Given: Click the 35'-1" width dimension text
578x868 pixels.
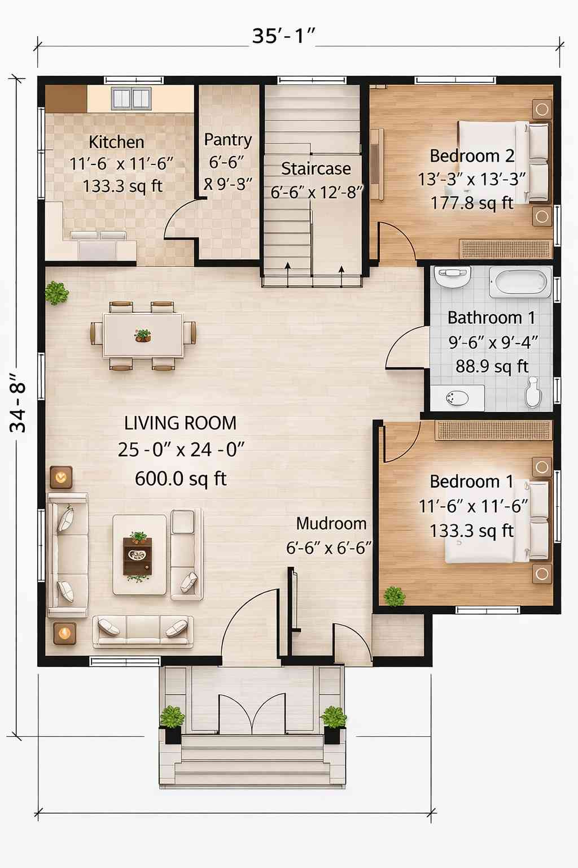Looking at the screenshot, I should click(283, 36).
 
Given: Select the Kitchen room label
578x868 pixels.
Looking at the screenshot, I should click(116, 142).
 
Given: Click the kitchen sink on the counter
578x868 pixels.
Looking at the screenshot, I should click(131, 98).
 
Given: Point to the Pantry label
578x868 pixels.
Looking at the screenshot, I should click(227, 140).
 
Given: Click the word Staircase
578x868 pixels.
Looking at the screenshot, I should click(316, 168).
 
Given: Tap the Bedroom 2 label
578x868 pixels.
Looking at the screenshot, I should click(471, 155).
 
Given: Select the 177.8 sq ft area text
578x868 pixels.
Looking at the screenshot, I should click(471, 203).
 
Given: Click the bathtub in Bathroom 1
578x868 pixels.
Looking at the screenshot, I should click(520, 281).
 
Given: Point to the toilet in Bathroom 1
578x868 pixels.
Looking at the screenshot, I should click(533, 392).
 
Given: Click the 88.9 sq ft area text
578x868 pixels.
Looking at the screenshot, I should click(492, 366).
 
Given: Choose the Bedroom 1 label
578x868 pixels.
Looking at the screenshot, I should click(471, 481).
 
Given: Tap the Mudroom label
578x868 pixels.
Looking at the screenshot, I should click(331, 523).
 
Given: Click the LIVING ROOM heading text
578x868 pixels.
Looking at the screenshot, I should click(180, 423).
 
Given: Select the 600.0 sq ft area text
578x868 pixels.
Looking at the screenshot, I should click(180, 479).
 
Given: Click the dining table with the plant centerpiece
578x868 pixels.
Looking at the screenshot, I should click(143, 336).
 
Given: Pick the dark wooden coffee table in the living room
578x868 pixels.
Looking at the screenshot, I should click(138, 556).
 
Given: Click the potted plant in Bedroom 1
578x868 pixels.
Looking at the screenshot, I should click(394, 596).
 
